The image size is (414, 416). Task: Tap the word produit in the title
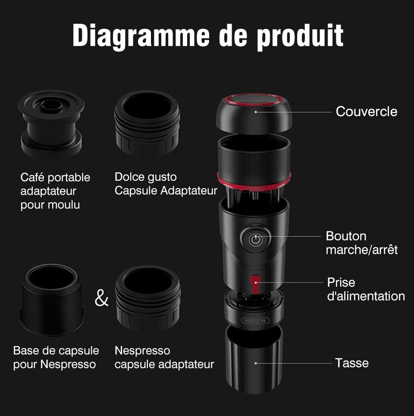click(x=300, y=36)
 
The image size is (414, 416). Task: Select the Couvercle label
click(x=367, y=111)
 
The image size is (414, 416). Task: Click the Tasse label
click(x=351, y=362)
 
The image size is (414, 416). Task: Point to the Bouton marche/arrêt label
click(x=362, y=243)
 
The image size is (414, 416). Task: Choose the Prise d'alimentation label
click(x=366, y=289)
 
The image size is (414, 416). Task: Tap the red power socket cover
click(x=255, y=284)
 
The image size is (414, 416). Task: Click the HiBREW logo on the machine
click(x=255, y=320)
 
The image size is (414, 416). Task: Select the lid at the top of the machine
click(x=254, y=113)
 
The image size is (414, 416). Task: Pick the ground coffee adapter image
click(x=51, y=124)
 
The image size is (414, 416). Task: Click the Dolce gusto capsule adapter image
click(x=147, y=123)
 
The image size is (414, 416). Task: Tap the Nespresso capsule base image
click(x=52, y=300)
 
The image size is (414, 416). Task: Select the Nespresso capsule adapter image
click(x=148, y=299)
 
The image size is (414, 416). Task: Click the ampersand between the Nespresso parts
click(x=101, y=298)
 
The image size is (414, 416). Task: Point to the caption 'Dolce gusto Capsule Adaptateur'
click(x=166, y=183)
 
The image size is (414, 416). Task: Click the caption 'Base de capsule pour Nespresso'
click(x=56, y=357)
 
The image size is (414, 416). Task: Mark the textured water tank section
click(x=254, y=162)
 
